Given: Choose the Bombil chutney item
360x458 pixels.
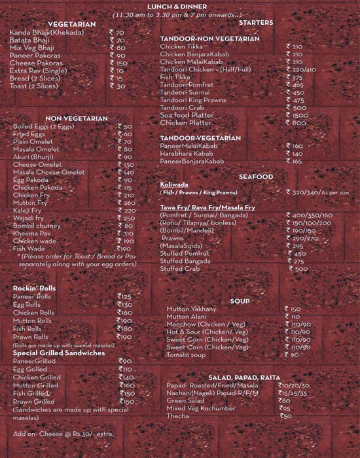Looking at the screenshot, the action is coord(38,226).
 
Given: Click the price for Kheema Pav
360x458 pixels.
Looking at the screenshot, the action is coord(125,234).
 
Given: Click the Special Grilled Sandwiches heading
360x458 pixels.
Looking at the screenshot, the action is coord(58,353).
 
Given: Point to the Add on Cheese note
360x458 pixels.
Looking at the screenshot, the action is coord(63,433).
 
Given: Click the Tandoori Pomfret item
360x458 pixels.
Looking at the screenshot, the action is coord(186,84).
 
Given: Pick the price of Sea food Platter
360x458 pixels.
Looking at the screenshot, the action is coord(296,115).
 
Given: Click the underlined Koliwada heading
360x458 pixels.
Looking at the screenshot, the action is coord(174,185).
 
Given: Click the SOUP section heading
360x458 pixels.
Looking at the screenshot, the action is coord(240,301).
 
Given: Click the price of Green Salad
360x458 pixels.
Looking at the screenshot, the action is coord(283,400).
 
